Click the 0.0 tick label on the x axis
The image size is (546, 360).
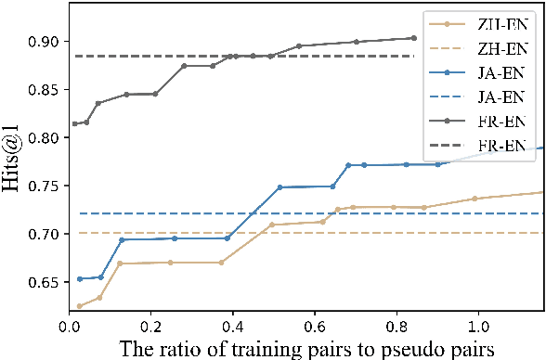click(x=70, y=327)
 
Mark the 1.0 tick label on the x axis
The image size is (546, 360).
click(x=478, y=327)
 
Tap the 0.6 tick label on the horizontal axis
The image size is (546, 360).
click(x=315, y=327)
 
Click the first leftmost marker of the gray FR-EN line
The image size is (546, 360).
click(x=75, y=123)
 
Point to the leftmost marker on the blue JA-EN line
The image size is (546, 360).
click(x=79, y=278)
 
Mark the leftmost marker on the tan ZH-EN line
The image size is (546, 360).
click(x=79, y=306)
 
